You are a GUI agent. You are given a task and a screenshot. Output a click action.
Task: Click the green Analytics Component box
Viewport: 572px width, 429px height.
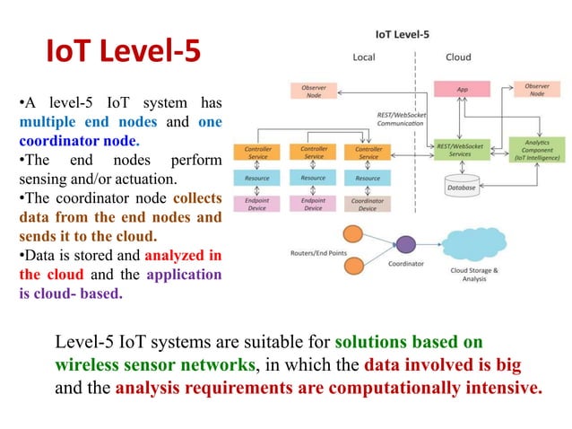point(536,149)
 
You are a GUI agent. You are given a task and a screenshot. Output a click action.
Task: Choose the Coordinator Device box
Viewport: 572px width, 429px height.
point(368,204)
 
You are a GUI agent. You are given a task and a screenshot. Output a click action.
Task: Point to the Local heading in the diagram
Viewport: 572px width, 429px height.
point(364,57)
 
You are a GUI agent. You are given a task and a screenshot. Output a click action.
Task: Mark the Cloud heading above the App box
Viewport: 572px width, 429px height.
point(458,57)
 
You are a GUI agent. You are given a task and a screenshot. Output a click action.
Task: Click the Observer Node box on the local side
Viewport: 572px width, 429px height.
point(314,91)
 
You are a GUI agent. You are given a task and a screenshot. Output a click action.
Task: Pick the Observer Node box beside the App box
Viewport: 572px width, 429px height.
point(536,90)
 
